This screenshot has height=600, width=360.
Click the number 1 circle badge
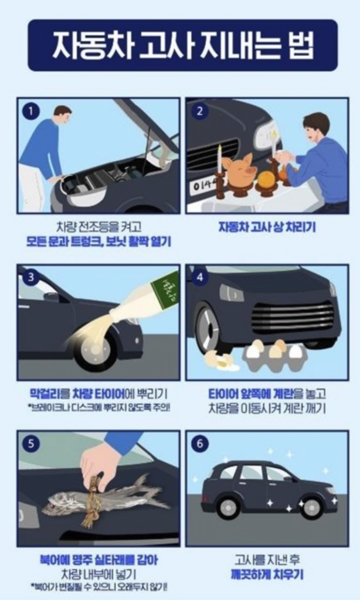click(x=31, y=111)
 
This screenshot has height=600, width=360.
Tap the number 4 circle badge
click(x=199, y=277)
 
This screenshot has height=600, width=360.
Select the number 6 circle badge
click(x=199, y=444)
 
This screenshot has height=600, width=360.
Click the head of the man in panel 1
click(x=62, y=114)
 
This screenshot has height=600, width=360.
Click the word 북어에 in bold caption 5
click(x=53, y=560)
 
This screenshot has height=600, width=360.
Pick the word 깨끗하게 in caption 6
click(x=249, y=575)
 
